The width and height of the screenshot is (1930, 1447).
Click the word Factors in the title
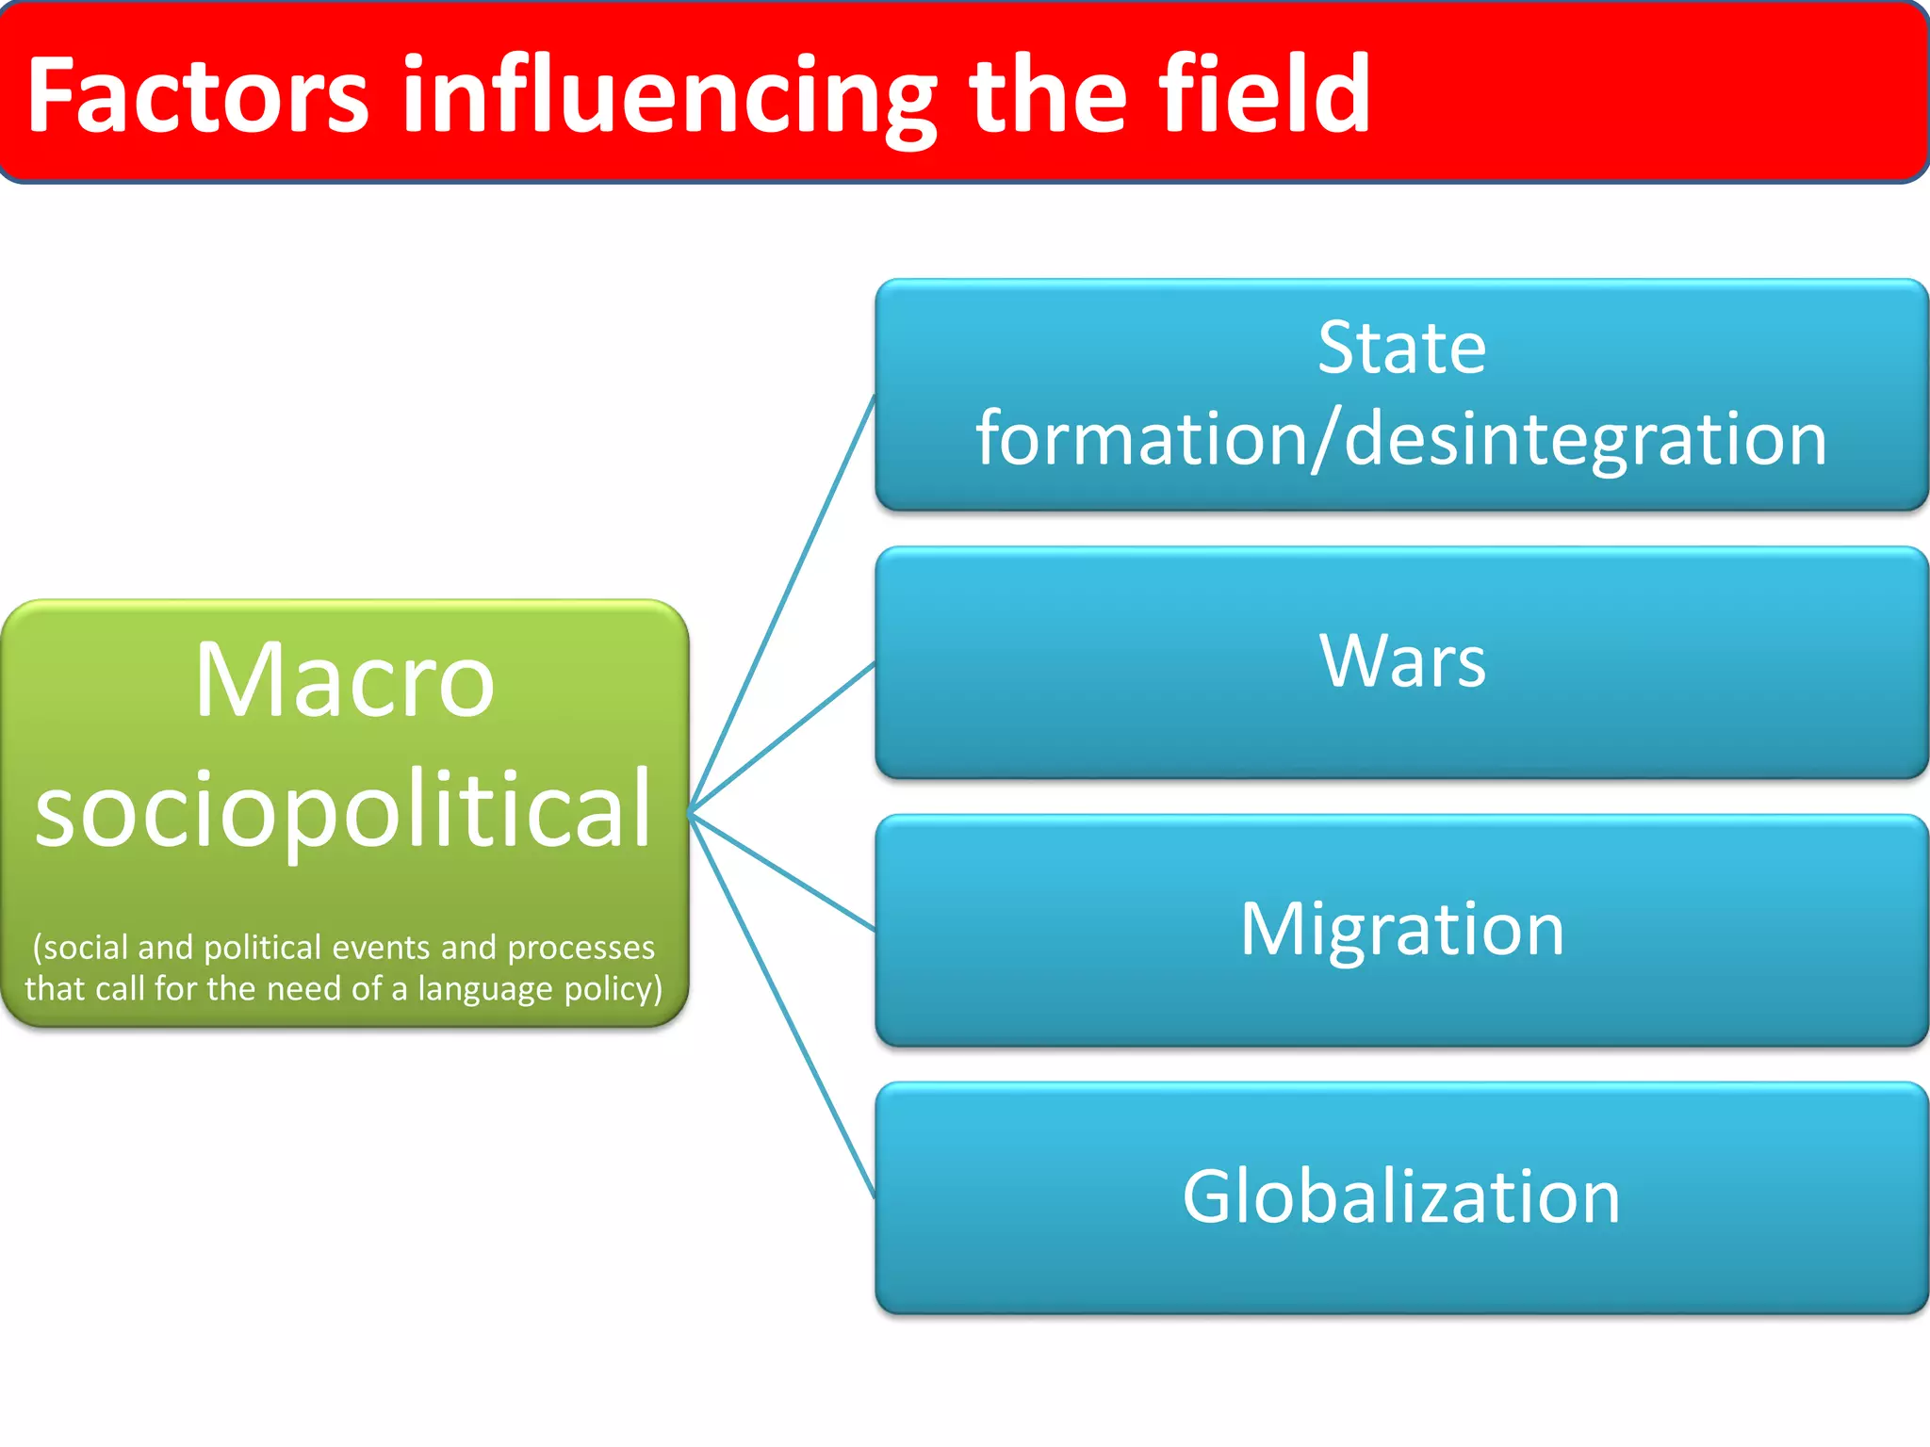point(198,95)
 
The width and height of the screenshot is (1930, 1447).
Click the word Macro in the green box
point(345,680)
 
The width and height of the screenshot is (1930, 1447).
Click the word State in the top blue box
point(1401,348)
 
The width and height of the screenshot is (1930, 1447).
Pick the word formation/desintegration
point(1401,440)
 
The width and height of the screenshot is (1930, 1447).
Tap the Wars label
point(1401,661)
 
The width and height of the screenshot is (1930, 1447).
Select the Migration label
point(1401,931)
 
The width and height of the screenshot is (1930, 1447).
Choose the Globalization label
point(1401,1196)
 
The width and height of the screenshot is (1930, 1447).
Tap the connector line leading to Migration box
point(782,871)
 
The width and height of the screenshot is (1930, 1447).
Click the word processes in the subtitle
point(581,947)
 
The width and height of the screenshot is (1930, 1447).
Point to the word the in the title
point(1047,95)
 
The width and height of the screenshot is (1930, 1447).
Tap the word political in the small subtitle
point(262,947)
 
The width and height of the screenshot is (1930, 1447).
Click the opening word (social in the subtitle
point(79,947)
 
